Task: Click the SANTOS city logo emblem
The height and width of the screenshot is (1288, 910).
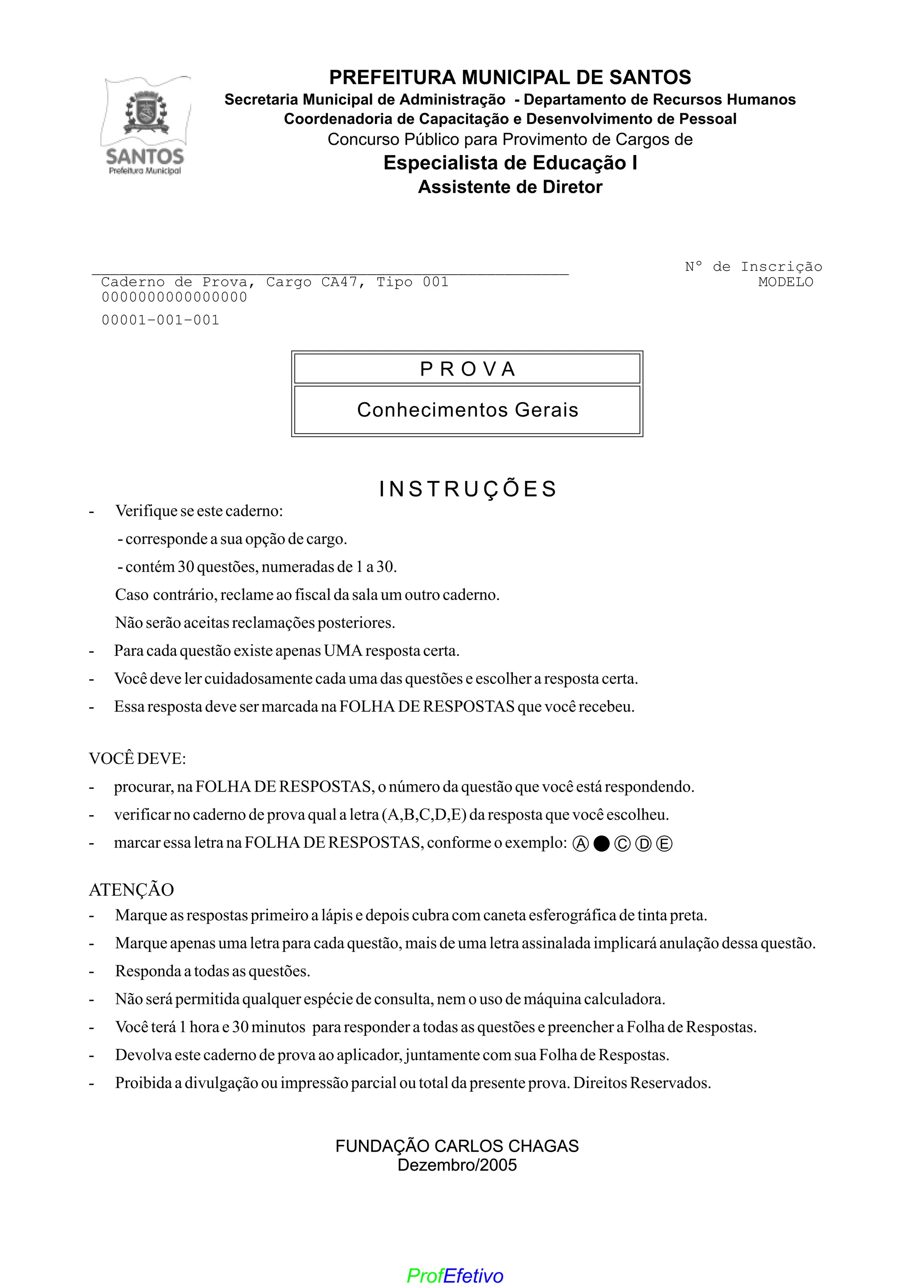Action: tap(146, 126)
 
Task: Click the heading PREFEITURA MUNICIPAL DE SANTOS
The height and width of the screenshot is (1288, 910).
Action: tap(510, 77)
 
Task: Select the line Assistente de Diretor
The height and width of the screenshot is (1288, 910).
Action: tap(510, 187)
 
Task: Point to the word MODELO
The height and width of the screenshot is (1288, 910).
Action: tap(785, 282)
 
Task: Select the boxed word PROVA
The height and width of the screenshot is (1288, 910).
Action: tap(467, 369)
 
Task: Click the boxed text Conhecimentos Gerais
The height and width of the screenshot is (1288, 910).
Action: tap(467, 410)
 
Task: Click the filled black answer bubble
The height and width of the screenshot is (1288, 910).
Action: tap(601, 844)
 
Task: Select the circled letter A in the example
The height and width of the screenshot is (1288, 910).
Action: tap(581, 844)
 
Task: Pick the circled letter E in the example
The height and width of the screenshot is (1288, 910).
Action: tap(664, 844)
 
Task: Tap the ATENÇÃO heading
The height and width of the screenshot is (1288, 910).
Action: tap(131, 889)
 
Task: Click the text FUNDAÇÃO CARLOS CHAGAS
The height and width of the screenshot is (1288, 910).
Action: tap(457, 1146)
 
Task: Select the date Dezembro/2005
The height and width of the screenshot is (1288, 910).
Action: tap(457, 1165)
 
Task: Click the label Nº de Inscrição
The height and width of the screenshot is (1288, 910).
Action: tap(753, 267)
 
